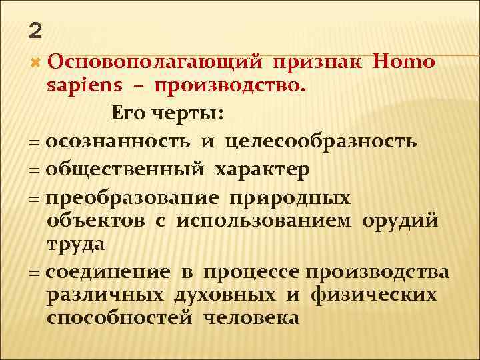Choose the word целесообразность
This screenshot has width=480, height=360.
321,141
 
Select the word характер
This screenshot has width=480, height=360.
262,169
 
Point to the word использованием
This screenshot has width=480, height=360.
265,221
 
